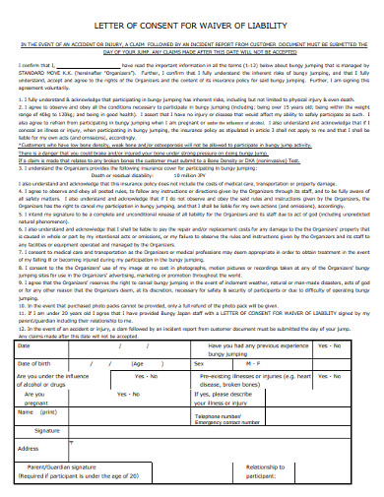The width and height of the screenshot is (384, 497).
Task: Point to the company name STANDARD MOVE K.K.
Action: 47,72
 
